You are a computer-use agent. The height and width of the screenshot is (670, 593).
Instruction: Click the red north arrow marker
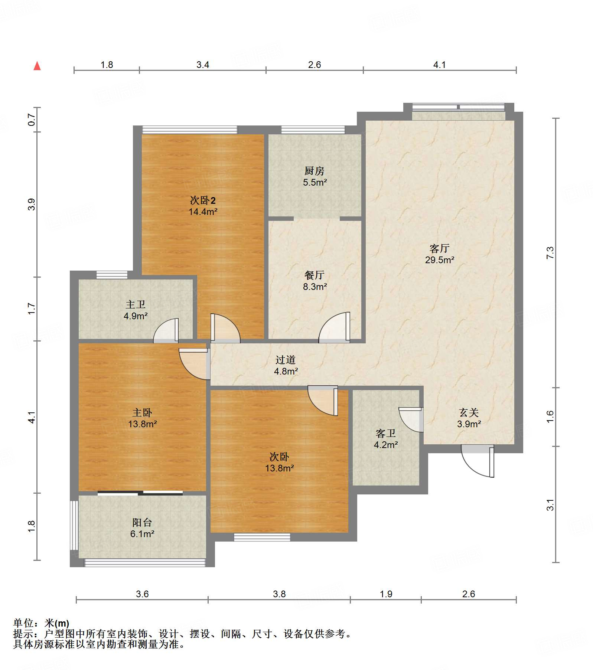tap(37, 66)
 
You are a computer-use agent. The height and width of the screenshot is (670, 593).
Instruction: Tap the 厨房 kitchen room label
tap(314, 171)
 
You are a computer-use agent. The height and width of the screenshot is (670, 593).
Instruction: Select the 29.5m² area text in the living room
tap(439, 260)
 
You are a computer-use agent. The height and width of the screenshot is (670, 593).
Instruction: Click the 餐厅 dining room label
tap(314, 275)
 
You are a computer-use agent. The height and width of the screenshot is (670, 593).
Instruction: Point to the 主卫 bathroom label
tap(135, 304)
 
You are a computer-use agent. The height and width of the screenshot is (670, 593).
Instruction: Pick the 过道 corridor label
tap(285, 360)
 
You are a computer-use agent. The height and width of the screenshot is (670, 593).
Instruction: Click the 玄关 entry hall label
tap(469, 412)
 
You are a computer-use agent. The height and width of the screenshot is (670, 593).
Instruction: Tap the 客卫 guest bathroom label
tap(385, 433)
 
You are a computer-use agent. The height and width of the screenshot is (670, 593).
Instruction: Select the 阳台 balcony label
tap(142, 522)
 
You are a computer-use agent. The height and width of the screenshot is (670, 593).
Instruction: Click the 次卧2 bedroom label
tap(203, 200)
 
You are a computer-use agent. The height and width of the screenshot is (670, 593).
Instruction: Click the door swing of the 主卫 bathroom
tap(166, 330)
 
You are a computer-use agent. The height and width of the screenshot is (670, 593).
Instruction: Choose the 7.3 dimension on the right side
tap(550, 252)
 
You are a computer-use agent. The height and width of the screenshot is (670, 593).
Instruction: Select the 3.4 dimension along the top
tap(203, 65)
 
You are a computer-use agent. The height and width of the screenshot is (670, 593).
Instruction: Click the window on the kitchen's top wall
tap(313, 130)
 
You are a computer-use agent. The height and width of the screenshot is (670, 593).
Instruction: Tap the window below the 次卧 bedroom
tap(262, 537)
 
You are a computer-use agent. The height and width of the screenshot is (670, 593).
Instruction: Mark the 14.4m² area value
tap(203, 212)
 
